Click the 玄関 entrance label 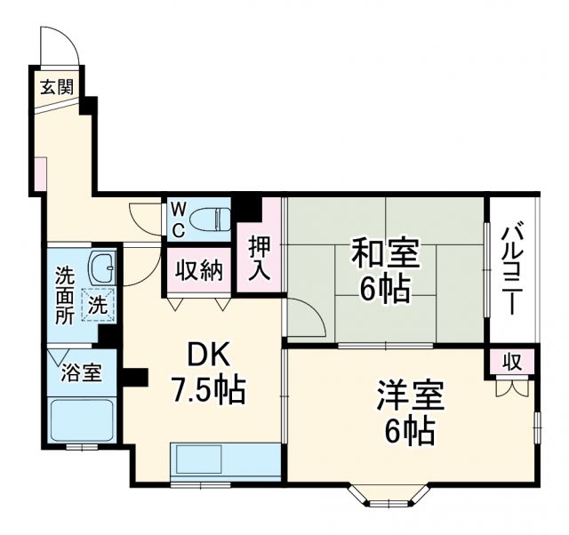pyautogui.click(x=55, y=86)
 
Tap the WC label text pyautogui.click(x=178, y=220)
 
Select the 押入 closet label pyautogui.click(x=260, y=258)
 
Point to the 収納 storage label pyautogui.click(x=197, y=271)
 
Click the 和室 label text pyautogui.click(x=384, y=254)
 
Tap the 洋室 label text pyautogui.click(x=410, y=394)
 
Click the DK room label pyautogui.click(x=209, y=355)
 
